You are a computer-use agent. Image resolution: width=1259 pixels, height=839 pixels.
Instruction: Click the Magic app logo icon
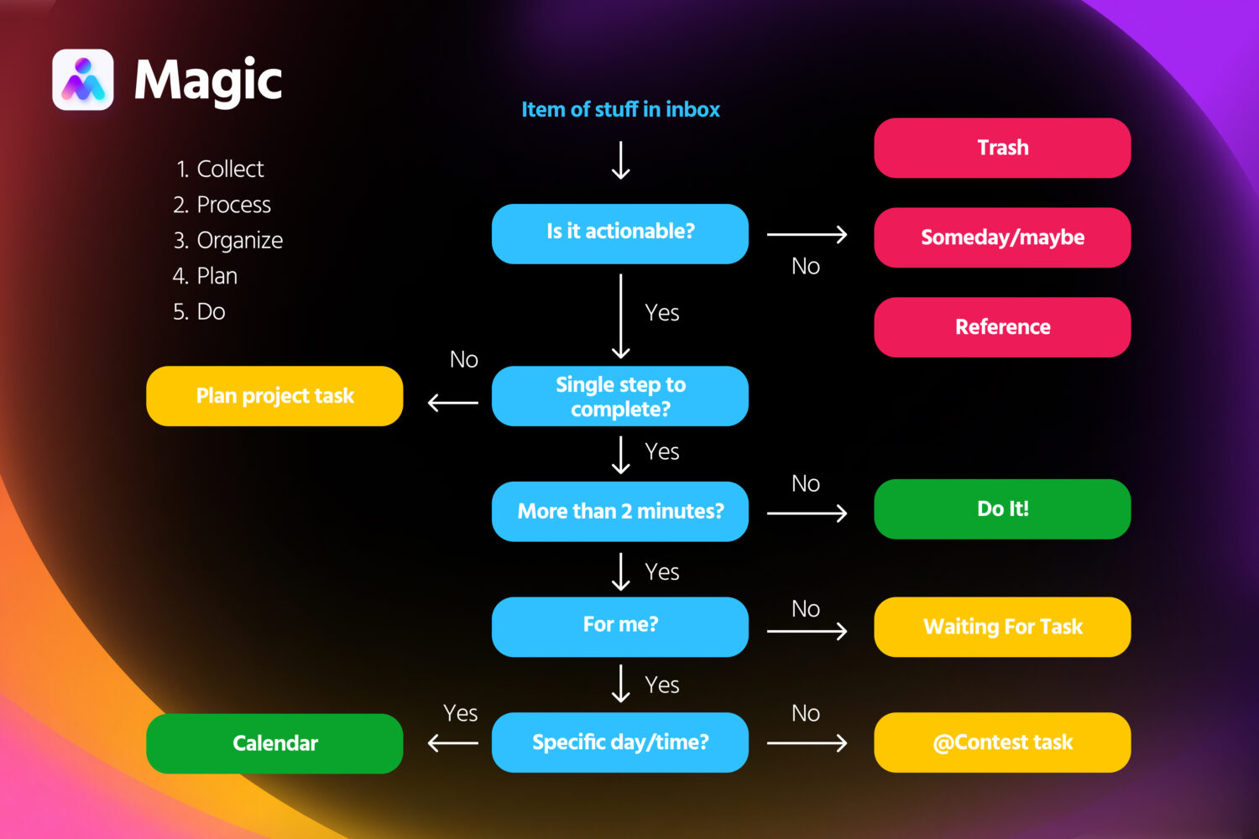82,80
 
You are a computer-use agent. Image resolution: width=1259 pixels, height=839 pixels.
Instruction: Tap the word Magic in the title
208,81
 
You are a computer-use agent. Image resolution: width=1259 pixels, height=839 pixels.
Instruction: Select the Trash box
1002,148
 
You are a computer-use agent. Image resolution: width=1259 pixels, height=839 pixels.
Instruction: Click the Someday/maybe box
1002,237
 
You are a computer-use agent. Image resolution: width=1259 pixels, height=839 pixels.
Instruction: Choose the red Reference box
1002,327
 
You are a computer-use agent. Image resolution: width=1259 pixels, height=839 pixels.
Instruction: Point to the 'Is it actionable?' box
620,233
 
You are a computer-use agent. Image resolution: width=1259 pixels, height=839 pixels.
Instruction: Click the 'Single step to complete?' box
620,396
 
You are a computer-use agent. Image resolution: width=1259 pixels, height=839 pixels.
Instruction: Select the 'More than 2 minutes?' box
620,511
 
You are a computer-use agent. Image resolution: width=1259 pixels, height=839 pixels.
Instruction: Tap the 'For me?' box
620,626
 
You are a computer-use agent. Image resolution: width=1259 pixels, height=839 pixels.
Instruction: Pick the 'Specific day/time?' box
620,743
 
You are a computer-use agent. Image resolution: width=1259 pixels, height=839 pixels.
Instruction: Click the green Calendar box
274,743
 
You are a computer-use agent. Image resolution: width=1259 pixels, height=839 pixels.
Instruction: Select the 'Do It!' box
1002,509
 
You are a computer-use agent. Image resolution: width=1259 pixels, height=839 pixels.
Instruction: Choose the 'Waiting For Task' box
1002,627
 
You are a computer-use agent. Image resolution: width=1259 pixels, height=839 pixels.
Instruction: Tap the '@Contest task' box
1002,743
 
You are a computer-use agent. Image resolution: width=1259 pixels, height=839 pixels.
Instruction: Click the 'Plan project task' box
274,396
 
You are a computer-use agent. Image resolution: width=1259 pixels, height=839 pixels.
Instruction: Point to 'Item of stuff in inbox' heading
620,109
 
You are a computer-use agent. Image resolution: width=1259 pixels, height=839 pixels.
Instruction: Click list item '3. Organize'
228,241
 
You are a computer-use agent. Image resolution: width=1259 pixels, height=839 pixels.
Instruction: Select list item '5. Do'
199,312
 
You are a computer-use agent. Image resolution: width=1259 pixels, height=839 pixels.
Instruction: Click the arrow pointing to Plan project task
453,403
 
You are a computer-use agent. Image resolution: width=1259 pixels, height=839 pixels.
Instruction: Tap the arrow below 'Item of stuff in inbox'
620,160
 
